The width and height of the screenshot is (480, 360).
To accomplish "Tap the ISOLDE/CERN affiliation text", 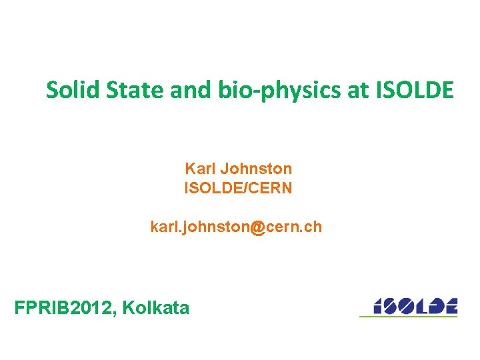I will pyautogui.click(x=238, y=188).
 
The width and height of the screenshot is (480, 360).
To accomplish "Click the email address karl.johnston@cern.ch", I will pyautogui.click(x=236, y=227).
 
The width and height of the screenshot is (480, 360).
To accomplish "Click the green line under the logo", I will pyautogui.click(x=408, y=316).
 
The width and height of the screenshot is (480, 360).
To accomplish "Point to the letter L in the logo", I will pyautogui.click(x=421, y=305).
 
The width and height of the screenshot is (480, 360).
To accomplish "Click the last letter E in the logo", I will pyautogui.click(x=450, y=305).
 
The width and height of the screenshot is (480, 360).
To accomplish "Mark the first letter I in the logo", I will pyautogui.click(x=377, y=305).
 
